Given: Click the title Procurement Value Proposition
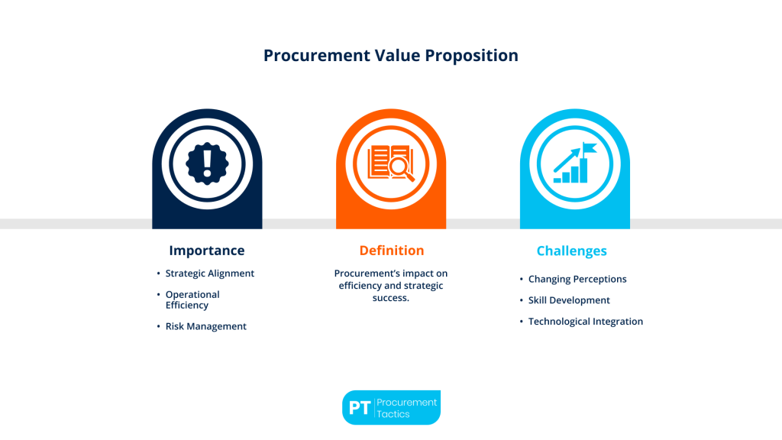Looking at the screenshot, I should click(390, 56).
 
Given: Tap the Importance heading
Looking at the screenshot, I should click(207, 251).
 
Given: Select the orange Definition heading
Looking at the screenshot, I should click(391, 251).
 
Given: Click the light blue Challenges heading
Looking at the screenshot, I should click(571, 251).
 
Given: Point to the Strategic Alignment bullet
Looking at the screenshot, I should click(210, 273).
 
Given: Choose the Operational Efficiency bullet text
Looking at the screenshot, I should click(192, 299).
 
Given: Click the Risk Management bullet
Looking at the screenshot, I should click(206, 326).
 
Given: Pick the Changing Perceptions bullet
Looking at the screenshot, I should click(577, 280).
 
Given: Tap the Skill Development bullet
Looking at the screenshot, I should click(569, 300).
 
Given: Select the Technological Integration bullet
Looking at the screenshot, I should click(586, 322).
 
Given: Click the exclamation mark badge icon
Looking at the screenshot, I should click(207, 163).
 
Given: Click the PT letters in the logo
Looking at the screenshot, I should click(359, 408).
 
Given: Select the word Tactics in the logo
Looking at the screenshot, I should click(393, 415).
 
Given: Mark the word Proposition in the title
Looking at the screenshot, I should click(473, 56).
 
